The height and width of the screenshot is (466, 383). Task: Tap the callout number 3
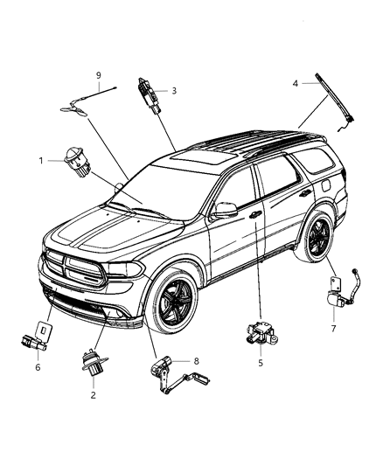pos(174,90)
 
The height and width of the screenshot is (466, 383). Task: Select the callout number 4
pos(295,83)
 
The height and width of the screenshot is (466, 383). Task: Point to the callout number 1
pos(40,161)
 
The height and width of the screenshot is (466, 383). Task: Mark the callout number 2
pos(93,394)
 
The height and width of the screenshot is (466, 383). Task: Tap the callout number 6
pos(37,368)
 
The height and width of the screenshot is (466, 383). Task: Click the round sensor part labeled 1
pos(71,163)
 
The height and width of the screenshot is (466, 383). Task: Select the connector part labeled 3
pos(146,93)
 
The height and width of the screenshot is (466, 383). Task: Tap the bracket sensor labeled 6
pos(40,338)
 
